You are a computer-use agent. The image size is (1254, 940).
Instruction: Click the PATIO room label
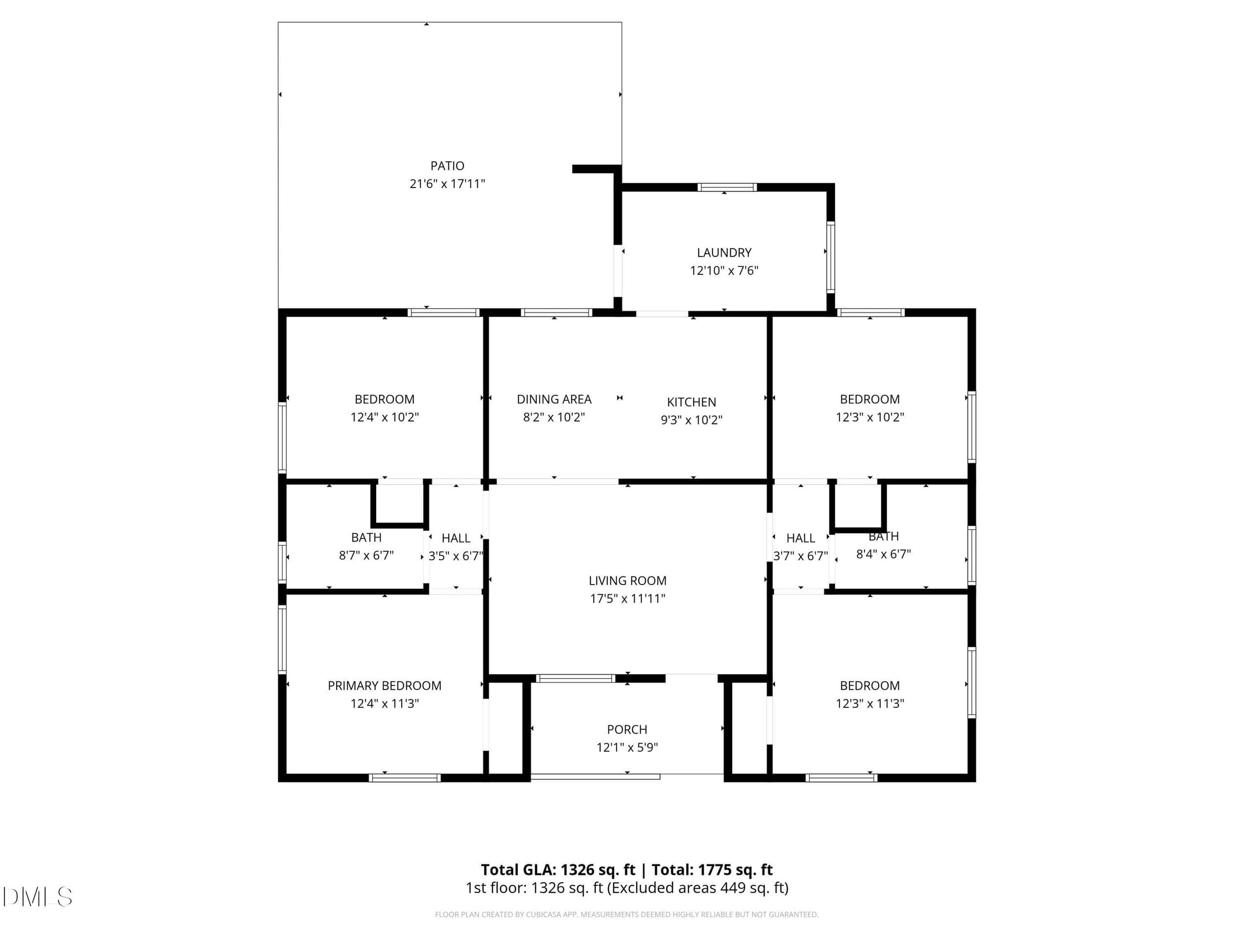[447, 166]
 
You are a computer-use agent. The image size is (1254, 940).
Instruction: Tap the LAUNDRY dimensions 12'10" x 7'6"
[724, 270]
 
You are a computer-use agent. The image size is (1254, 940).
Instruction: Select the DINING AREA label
[554, 399]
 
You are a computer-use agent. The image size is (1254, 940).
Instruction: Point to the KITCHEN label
[692, 402]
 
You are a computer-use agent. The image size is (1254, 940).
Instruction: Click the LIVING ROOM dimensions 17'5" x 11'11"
[627, 598]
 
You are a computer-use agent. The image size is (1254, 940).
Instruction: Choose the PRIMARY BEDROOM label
[385, 685]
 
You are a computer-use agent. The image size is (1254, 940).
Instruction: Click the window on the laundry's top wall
[727, 188]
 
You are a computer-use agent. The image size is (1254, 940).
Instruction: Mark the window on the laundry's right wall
[830, 257]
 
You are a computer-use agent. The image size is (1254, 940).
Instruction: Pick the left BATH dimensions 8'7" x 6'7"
[366, 555]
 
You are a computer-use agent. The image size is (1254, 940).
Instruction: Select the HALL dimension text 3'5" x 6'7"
[456, 556]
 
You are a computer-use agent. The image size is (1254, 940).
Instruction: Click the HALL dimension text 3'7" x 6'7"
[800, 556]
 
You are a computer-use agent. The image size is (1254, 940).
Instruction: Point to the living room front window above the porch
[576, 678]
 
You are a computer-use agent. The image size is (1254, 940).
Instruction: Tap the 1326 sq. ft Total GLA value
[598, 869]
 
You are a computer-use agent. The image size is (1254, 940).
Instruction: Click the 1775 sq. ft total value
[735, 869]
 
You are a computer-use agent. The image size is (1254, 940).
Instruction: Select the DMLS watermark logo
[37, 897]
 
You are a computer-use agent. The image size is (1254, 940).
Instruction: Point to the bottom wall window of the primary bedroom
[405, 778]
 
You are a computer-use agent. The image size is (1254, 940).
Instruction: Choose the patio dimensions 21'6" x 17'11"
[447, 184]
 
